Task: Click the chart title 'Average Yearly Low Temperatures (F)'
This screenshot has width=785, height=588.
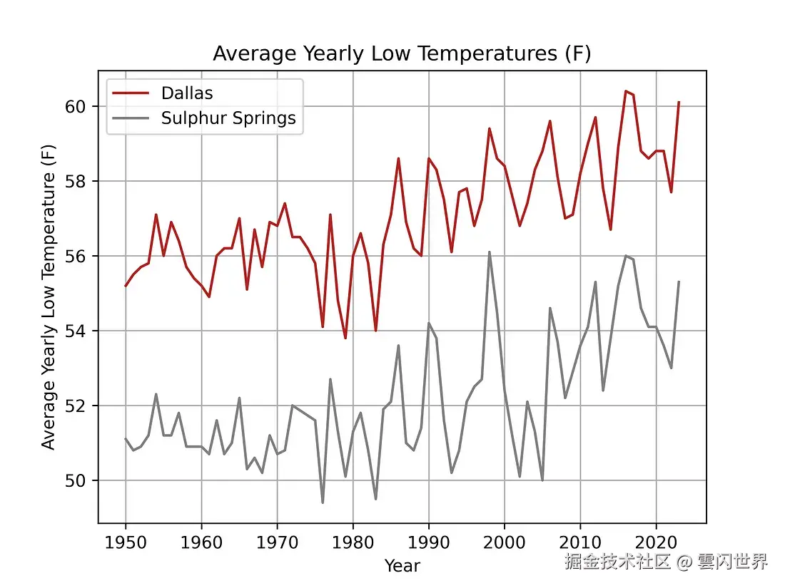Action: click(402, 54)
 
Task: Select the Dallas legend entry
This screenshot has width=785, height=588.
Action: click(187, 93)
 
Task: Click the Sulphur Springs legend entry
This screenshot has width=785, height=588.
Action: click(228, 118)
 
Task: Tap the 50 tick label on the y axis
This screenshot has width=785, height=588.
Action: click(78, 480)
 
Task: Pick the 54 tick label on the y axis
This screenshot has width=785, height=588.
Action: click(78, 331)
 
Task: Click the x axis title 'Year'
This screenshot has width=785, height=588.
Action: click(402, 566)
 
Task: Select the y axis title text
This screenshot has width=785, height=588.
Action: click(49, 296)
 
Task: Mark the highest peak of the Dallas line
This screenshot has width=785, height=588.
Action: click(625, 91)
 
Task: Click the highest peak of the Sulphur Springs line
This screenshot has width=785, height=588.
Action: click(489, 252)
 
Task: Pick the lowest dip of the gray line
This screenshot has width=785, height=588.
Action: click(323, 502)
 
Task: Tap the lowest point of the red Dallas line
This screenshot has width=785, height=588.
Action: click(345, 338)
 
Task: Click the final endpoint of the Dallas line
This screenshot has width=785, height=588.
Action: click(679, 102)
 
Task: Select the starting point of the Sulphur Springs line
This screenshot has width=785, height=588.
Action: click(126, 439)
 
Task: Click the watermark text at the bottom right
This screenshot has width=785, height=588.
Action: click(666, 562)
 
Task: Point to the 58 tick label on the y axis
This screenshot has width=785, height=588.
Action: click(78, 181)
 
